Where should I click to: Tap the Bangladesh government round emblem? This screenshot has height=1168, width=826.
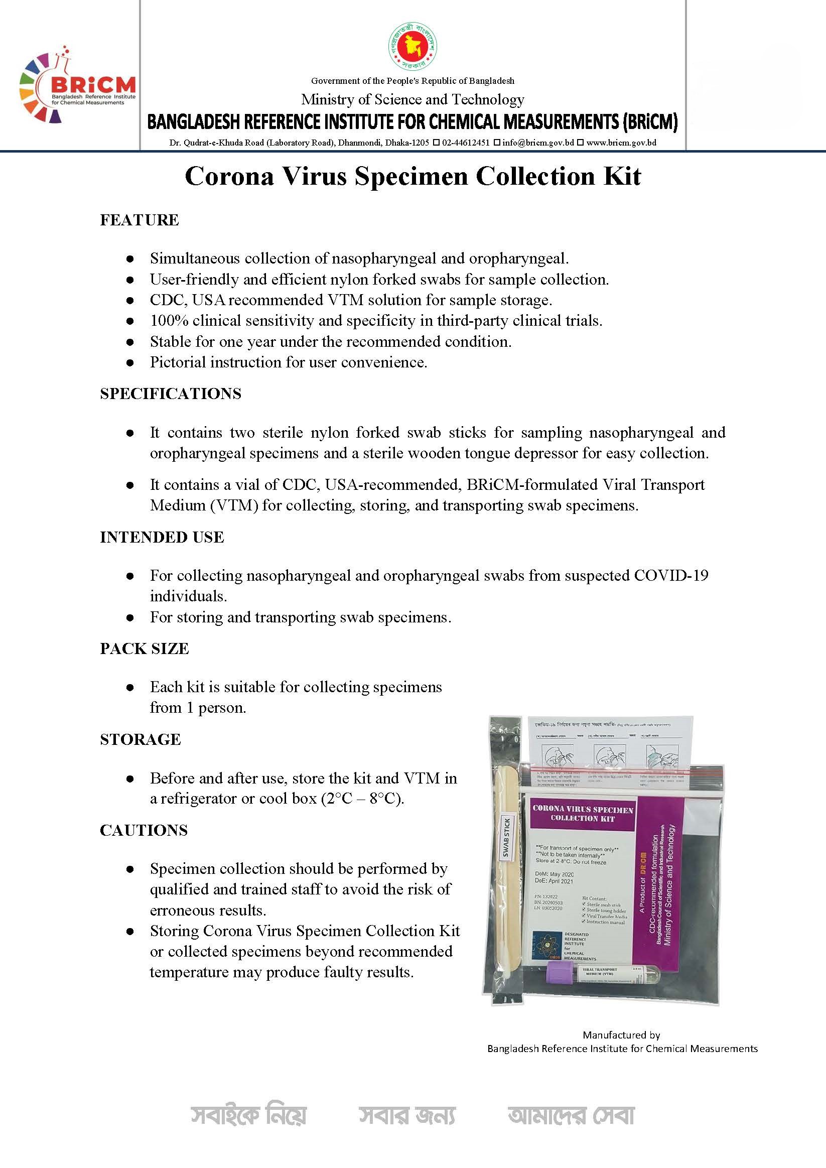[x=413, y=47]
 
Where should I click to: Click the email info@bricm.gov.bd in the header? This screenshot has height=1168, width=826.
[x=538, y=143]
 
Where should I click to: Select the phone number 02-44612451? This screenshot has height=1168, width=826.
[x=466, y=143]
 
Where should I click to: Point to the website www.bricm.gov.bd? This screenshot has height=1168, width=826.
[x=621, y=143]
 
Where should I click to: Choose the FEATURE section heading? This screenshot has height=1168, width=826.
[x=140, y=220]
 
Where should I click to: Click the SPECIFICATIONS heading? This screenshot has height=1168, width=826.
[x=171, y=394]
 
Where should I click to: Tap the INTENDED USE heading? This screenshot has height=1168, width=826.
[x=162, y=537]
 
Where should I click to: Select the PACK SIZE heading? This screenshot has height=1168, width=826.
[x=145, y=648]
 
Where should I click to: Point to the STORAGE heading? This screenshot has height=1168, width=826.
[x=141, y=740]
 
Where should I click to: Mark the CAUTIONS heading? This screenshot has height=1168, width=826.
[x=144, y=830]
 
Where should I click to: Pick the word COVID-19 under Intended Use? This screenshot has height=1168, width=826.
[x=671, y=575]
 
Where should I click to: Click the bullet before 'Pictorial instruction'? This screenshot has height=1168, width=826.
[x=130, y=363]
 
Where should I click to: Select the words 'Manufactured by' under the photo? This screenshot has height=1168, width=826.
[x=621, y=1034]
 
